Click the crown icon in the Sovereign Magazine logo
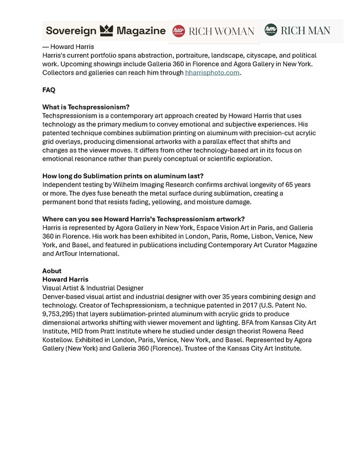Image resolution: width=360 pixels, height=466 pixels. [x=107, y=31]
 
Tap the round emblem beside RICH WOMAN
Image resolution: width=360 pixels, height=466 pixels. [x=181, y=31]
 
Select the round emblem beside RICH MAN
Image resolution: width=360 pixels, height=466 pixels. [x=270, y=30]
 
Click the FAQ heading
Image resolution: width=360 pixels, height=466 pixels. [x=49, y=90]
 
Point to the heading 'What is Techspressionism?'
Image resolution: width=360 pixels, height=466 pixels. [x=86, y=107]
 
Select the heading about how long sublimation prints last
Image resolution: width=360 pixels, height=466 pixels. [x=122, y=176]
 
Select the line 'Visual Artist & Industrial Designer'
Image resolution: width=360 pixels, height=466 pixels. [x=93, y=288]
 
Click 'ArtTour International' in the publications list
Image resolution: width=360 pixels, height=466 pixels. [x=81, y=254]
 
